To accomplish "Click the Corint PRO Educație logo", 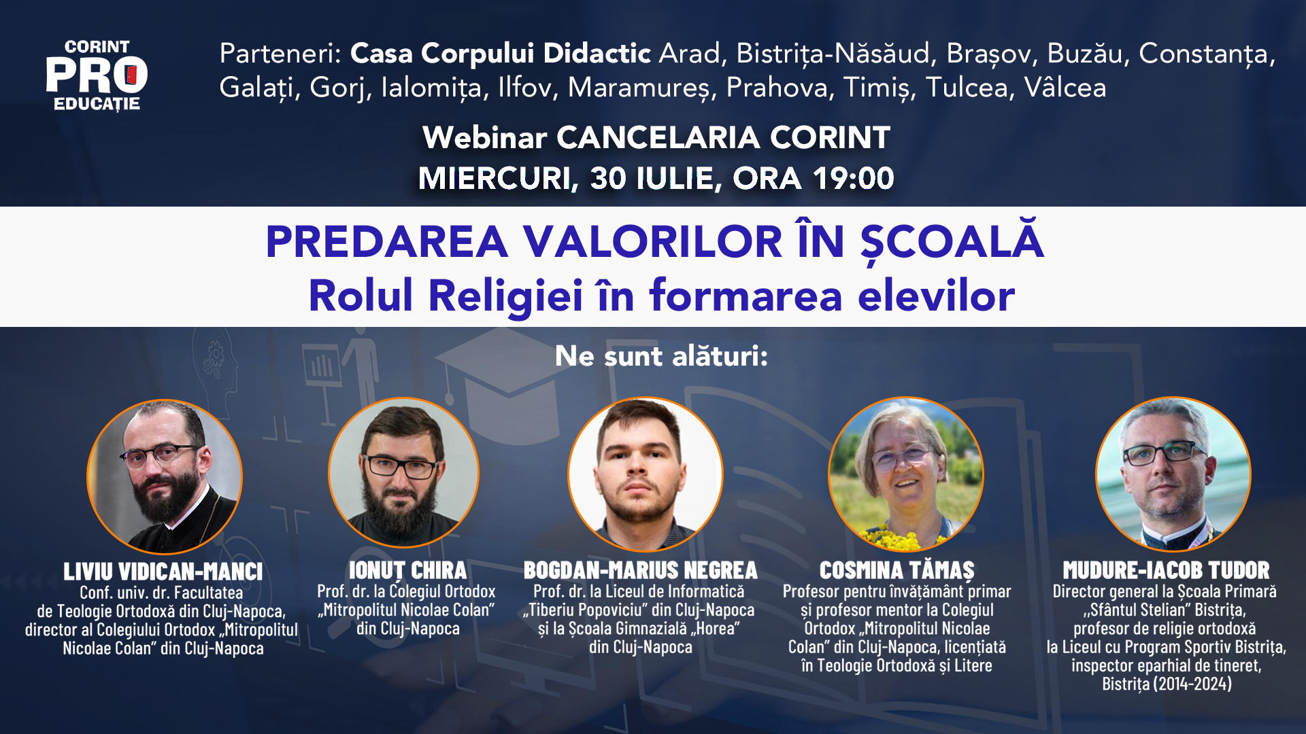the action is (97, 75).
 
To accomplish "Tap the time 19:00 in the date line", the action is (853, 178).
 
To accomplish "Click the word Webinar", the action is (484, 138).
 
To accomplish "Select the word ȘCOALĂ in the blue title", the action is (952, 241).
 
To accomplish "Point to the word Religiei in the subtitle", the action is (505, 296).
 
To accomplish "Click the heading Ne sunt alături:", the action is (661, 356).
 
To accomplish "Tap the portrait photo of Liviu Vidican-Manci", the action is (165, 476).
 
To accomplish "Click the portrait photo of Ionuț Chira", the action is (403, 472).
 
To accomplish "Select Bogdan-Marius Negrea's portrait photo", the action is (645, 474).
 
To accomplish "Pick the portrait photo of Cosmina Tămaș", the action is (905, 474).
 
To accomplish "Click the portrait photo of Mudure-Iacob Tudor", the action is (1173, 474).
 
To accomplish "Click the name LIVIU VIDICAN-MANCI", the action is (163, 572).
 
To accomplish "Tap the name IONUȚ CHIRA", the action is (407, 570).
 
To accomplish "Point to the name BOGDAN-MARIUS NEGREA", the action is (640, 570).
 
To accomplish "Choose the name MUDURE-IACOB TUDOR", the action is (1166, 570).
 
